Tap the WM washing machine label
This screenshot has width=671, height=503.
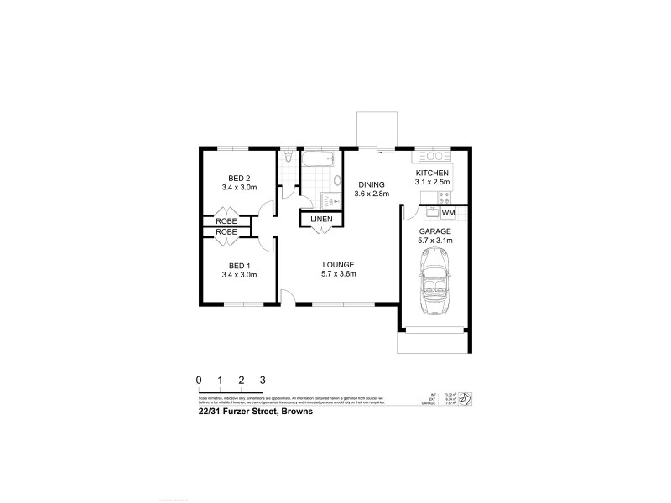[x=448, y=213]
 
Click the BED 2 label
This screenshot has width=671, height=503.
[x=239, y=177]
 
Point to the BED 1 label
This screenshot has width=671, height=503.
[x=239, y=264]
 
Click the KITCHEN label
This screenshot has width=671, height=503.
[x=432, y=172]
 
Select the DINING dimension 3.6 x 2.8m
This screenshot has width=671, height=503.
[x=372, y=194]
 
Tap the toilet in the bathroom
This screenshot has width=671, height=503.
[x=288, y=158]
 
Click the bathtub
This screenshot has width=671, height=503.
[x=319, y=159]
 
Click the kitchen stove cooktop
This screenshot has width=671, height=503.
[x=445, y=198]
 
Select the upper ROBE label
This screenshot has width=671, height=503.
[x=226, y=220]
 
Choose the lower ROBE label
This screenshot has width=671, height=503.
[x=226, y=231]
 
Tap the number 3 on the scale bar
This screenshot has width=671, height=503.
[x=263, y=380]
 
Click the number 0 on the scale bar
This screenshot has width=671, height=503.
[x=199, y=380]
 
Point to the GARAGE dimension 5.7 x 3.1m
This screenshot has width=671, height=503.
[x=435, y=241]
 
